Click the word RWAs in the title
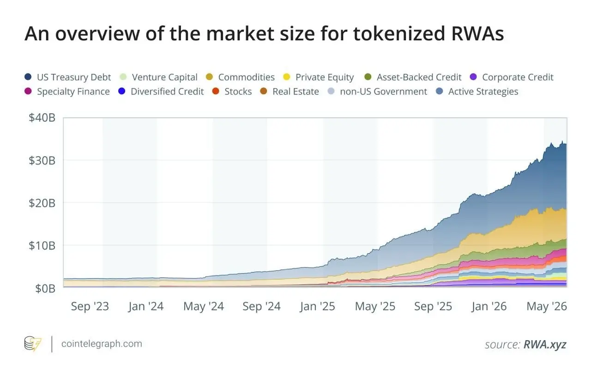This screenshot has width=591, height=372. [477, 34]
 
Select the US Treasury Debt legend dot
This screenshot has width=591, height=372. [28, 77]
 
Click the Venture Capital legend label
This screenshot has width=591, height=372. [165, 77]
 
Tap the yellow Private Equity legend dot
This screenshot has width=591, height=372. [286, 77]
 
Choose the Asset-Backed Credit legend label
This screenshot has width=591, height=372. [419, 77]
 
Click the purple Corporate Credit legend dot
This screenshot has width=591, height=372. [473, 77]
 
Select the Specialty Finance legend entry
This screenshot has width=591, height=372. [67, 91]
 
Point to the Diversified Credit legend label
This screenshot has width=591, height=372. [167, 91]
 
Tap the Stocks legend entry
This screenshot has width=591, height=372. [232, 91]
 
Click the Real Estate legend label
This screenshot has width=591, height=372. [296, 91]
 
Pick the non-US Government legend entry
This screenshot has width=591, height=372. [377, 91]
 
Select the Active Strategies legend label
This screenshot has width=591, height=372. [483, 91]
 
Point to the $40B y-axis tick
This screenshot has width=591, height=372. [42, 117]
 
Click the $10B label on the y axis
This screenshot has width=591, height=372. [42, 245]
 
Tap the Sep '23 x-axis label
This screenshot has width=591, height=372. [90, 306]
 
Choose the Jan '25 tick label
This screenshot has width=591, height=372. [317, 306]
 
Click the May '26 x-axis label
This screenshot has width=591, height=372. [547, 306]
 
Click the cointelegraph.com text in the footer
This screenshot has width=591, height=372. [102, 344]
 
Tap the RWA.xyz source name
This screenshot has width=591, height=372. [545, 344]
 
